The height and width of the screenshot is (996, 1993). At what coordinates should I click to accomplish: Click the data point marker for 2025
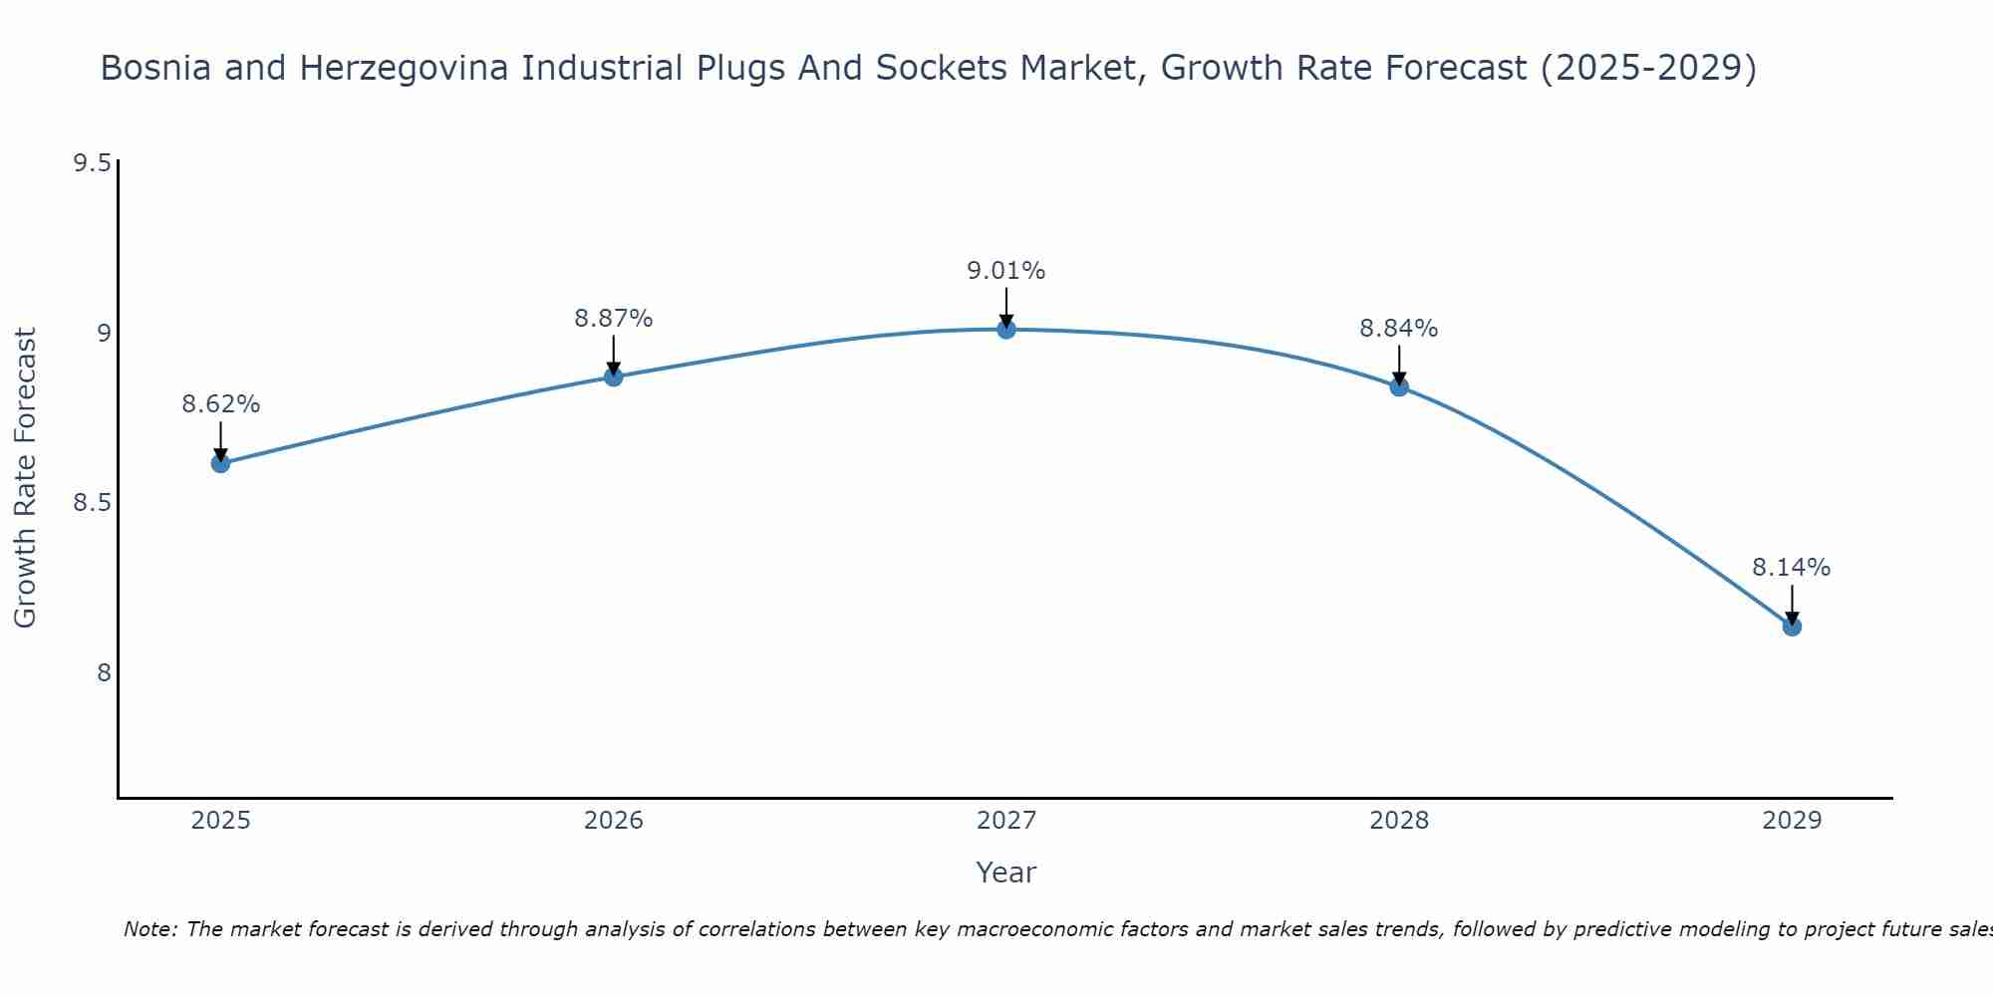click(x=220, y=463)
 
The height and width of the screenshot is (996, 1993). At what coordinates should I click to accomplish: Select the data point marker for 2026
click(x=614, y=376)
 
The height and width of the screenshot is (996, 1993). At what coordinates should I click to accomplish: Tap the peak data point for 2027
click(x=1006, y=330)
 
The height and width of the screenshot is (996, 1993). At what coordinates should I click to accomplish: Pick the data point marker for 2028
click(x=1399, y=386)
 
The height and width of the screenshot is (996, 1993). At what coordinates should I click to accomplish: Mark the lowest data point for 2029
click(x=1792, y=626)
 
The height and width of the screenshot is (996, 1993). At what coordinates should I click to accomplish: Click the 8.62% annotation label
click(x=220, y=404)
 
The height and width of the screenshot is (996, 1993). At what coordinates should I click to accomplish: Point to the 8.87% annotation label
click(x=614, y=319)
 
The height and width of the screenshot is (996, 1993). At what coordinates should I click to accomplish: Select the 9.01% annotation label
click(x=1006, y=271)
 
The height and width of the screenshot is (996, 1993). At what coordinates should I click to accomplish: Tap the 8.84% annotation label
click(x=1399, y=329)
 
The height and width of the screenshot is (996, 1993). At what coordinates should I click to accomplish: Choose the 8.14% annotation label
click(x=1792, y=568)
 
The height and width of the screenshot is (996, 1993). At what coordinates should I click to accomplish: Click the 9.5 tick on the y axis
click(x=92, y=163)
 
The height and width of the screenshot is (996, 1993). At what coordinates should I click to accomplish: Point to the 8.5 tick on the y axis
click(x=92, y=503)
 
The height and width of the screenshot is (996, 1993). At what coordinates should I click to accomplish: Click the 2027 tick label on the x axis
click(x=1006, y=821)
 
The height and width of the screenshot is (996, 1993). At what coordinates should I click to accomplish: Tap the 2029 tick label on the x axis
click(x=1792, y=821)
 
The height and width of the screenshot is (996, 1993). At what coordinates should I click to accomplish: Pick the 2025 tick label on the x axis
click(x=220, y=821)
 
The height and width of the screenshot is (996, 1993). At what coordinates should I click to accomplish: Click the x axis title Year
click(x=1006, y=872)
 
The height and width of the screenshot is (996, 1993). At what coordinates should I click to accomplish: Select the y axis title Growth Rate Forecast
click(x=26, y=478)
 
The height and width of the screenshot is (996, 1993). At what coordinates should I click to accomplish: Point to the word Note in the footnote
click(x=149, y=929)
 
